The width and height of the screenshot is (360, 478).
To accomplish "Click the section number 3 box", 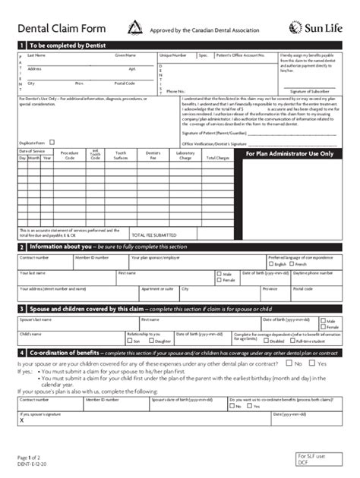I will [x=21, y=310].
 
